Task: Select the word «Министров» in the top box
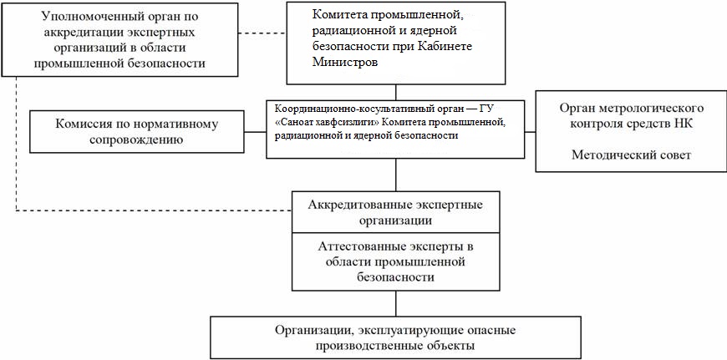(x=343, y=62)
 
